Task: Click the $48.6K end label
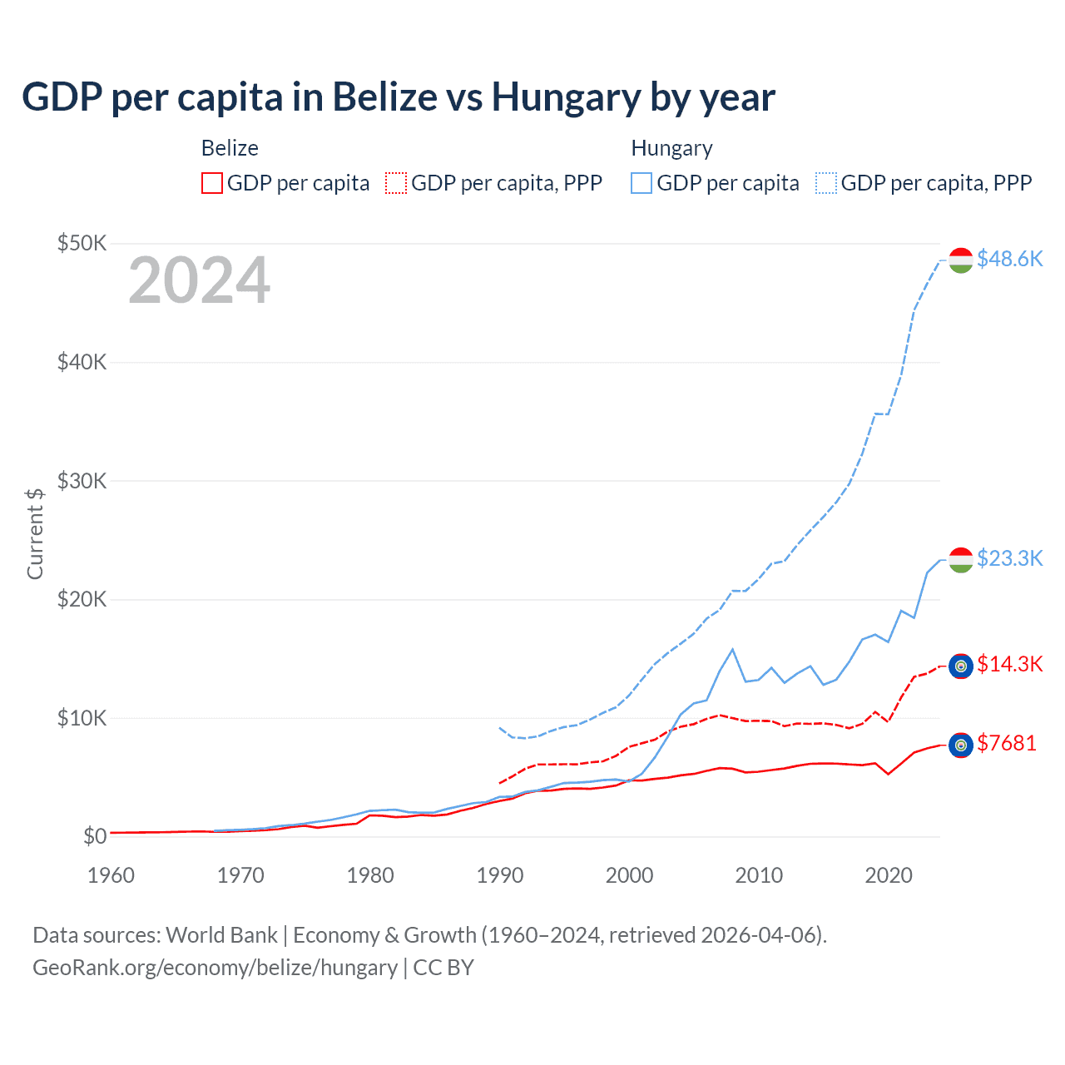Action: pos(1009,259)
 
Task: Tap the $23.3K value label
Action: pos(1009,557)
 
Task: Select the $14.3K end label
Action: pos(1009,664)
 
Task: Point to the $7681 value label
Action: pos(1007,743)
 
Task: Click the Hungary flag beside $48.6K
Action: pos(961,260)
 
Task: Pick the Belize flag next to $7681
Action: pos(961,745)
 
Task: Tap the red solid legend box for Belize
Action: pos(212,183)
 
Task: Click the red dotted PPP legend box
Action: pos(396,183)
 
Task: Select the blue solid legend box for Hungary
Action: pos(641,183)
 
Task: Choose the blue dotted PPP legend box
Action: pos(826,183)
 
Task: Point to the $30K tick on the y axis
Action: pos(82,481)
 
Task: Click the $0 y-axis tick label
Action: pos(95,836)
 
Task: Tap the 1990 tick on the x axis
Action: pos(500,875)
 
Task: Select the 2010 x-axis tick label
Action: pos(759,875)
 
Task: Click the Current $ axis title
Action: pos(35,533)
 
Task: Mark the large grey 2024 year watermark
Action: pos(200,280)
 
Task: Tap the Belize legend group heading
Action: pos(230,148)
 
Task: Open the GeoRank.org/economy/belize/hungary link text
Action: pos(215,968)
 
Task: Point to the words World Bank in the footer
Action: pos(221,935)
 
